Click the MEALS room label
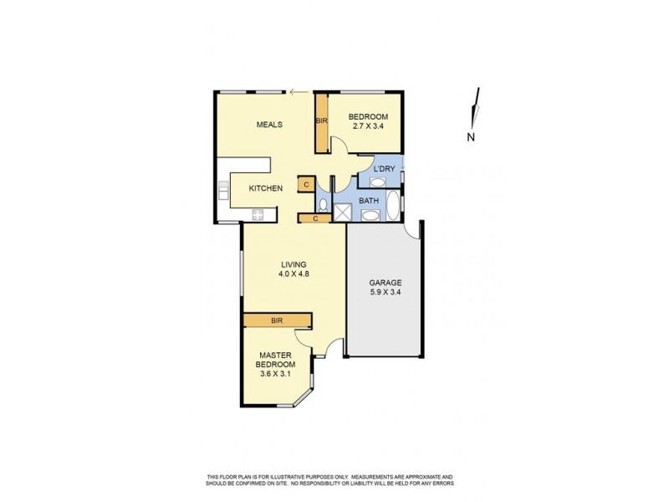point(268,125)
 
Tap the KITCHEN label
point(265,188)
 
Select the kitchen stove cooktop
point(258,214)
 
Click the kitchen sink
point(223,193)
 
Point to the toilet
point(323,204)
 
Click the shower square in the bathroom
point(343,213)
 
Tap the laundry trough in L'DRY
point(378,182)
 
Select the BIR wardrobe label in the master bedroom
point(277,320)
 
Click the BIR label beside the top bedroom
point(321,121)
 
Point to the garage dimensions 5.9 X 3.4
point(386,294)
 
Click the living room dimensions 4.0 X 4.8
point(294,274)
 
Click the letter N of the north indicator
point(471,136)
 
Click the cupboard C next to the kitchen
point(306,184)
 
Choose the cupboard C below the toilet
point(314,218)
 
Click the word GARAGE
point(386,283)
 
